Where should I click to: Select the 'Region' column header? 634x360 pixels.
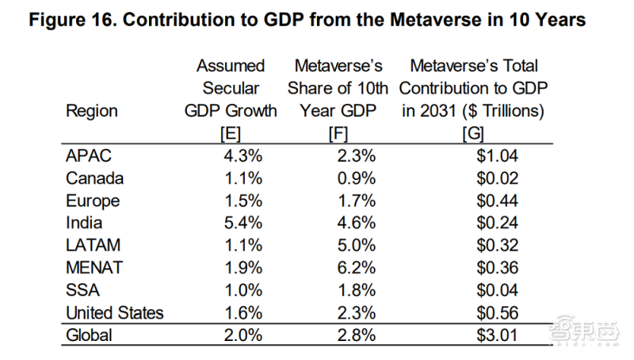click(x=92, y=112)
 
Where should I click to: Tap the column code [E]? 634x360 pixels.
click(x=231, y=134)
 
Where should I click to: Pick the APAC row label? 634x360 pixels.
click(x=88, y=156)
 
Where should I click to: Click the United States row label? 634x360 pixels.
click(x=115, y=312)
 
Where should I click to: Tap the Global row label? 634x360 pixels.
click(x=89, y=335)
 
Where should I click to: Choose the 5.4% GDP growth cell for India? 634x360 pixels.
click(x=243, y=223)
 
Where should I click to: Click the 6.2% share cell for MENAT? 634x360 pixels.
click(x=355, y=268)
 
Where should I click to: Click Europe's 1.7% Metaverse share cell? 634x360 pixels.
click(x=355, y=201)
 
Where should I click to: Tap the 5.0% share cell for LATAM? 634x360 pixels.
click(x=355, y=246)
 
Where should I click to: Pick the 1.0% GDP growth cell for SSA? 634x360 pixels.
click(x=243, y=290)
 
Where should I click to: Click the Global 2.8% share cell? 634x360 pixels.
click(x=355, y=335)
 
